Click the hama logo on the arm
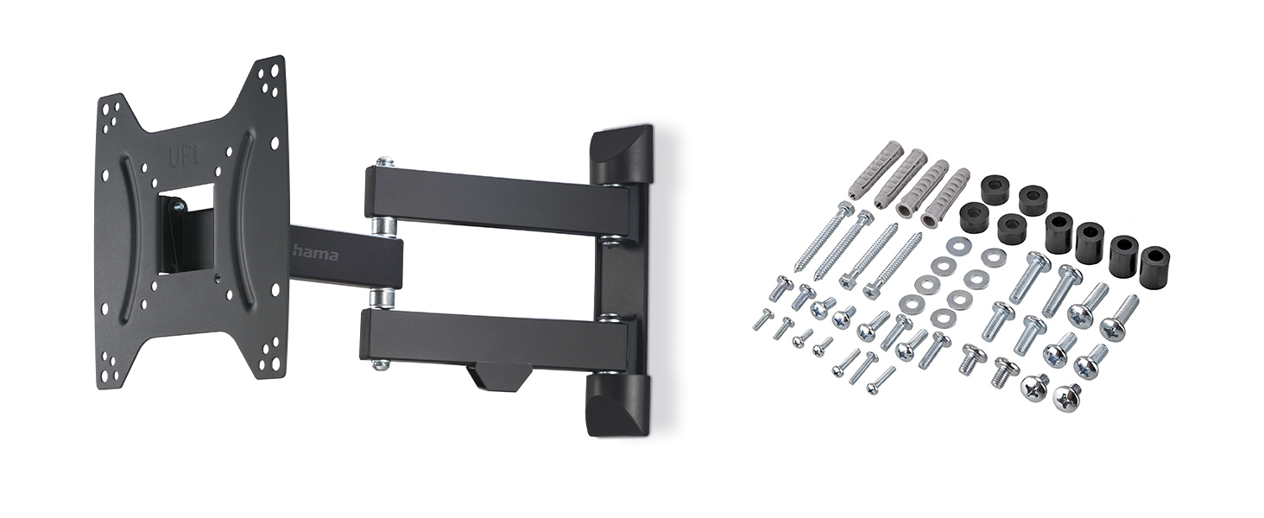point(315,255)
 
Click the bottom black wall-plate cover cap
point(618,403)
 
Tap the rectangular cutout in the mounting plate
point(182,232)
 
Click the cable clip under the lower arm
point(499,376)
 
